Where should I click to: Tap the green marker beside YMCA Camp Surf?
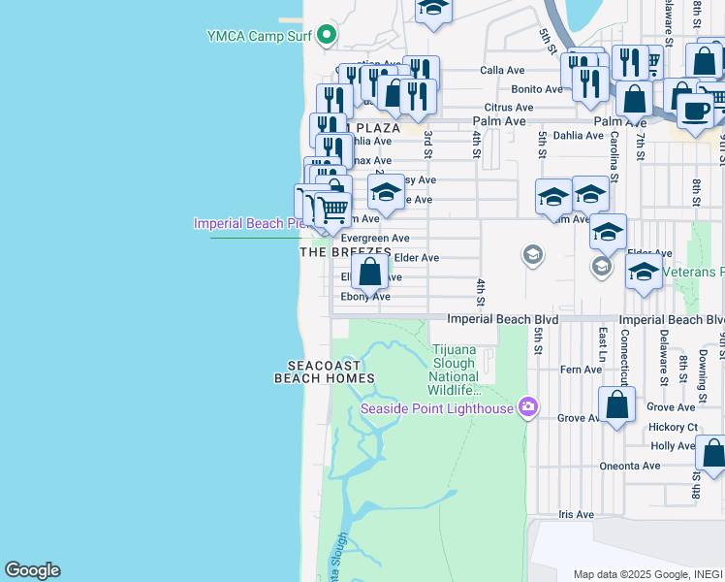[327, 36]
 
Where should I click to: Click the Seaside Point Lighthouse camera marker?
[528, 406]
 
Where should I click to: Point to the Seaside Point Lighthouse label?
[437, 408]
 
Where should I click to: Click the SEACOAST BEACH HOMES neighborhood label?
[324, 372]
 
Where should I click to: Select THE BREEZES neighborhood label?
[345, 251]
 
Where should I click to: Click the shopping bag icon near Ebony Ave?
[370, 272]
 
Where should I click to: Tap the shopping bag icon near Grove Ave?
[616, 405]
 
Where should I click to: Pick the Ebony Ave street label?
[365, 297]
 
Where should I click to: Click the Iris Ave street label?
[576, 514]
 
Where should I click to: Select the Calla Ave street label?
[502, 71]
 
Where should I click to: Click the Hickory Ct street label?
[674, 427]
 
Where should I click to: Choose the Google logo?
[32, 570]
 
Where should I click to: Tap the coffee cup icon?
[694, 110]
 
